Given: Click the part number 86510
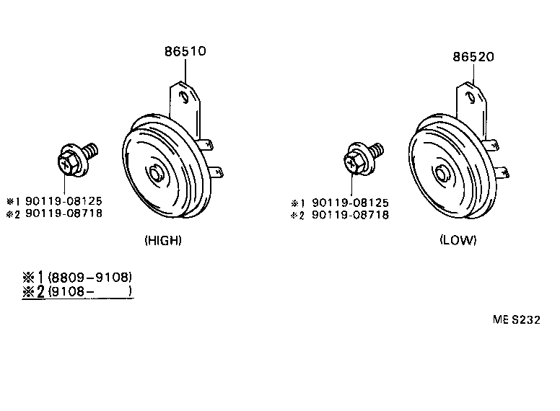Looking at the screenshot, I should click(x=185, y=52).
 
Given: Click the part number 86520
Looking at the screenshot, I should click(x=473, y=58).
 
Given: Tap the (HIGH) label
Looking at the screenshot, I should click(x=162, y=240).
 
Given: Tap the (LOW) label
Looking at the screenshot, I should click(x=458, y=240).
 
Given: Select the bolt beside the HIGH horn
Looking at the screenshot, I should click(x=74, y=159).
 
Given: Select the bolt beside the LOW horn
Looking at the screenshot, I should click(x=361, y=158).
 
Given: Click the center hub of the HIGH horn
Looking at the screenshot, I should click(x=157, y=174).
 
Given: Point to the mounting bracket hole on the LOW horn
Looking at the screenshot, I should click(x=471, y=97).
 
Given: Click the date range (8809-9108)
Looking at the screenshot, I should click(x=89, y=277).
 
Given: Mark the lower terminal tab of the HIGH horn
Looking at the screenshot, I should click(x=216, y=172).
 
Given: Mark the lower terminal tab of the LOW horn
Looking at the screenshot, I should click(x=505, y=172).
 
